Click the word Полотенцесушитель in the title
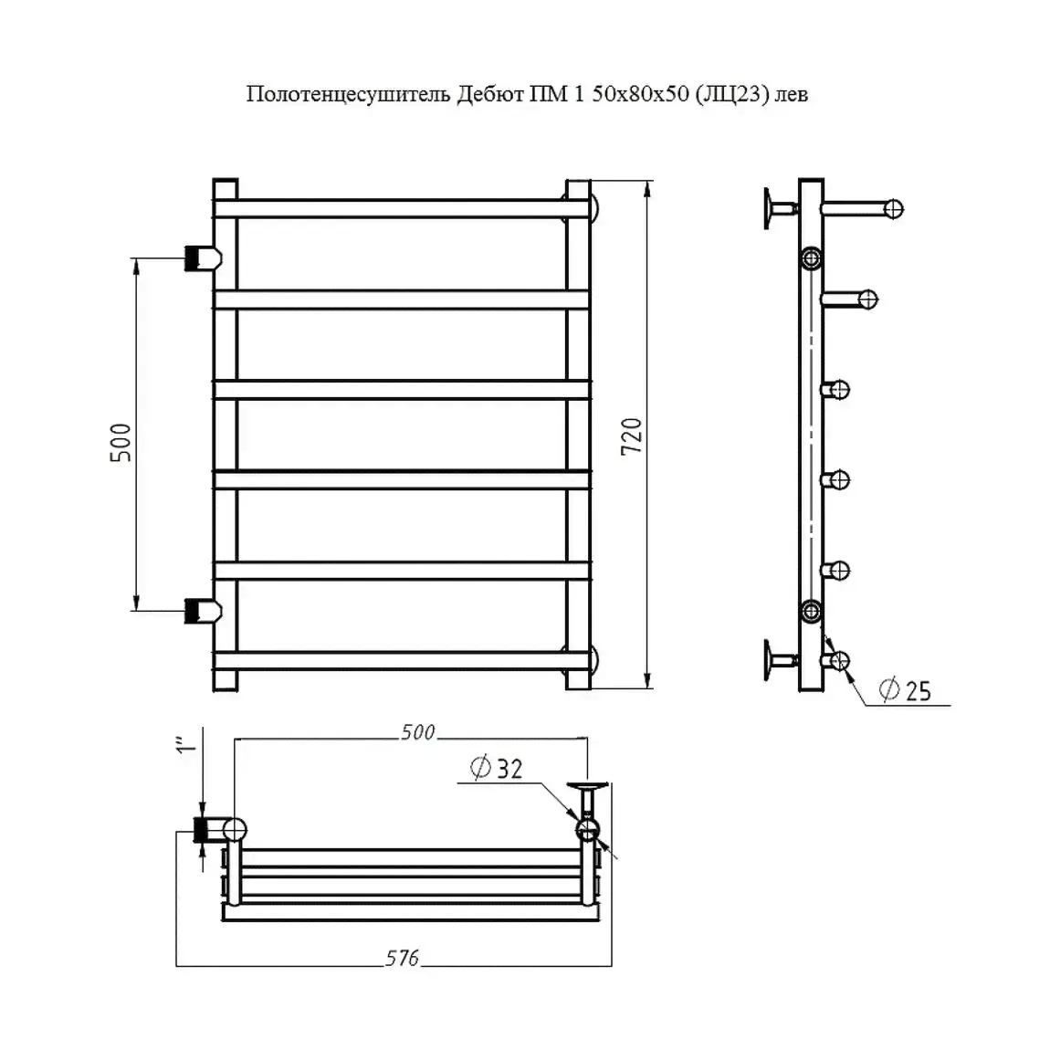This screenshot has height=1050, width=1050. pyautogui.click(x=348, y=94)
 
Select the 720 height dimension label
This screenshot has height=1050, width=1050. pyautogui.click(x=632, y=436)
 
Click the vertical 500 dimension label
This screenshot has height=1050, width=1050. pyautogui.click(x=121, y=443)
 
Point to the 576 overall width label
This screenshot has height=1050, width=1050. pyautogui.click(x=402, y=959)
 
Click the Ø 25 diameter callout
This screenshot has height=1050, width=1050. pyautogui.click(x=905, y=689)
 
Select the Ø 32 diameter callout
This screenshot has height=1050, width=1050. pyautogui.click(x=496, y=768)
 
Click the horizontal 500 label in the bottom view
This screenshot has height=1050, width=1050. pyautogui.click(x=418, y=732)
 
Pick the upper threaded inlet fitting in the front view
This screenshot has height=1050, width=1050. pyautogui.click(x=203, y=257)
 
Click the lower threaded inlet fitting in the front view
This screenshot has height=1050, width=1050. pyautogui.click(x=203, y=611)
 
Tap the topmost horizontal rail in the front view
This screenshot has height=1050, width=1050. pyautogui.click(x=402, y=208)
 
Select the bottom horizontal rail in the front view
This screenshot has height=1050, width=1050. pyautogui.click(x=402, y=661)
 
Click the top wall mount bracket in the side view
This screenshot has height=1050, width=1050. pyautogui.click(x=781, y=208)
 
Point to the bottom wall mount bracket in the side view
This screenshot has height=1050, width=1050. pyautogui.click(x=781, y=661)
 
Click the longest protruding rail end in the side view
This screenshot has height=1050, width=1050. pyautogui.click(x=863, y=209)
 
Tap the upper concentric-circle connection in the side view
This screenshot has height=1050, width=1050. pyautogui.click(x=811, y=257)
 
